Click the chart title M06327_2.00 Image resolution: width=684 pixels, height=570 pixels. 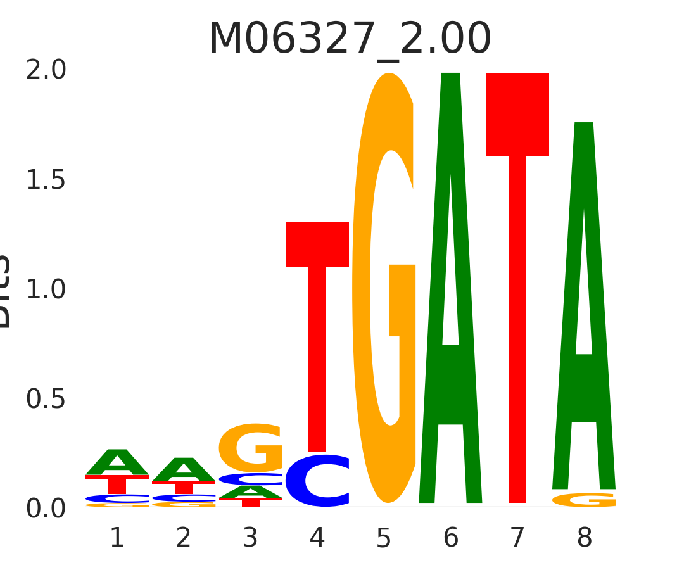[350, 39]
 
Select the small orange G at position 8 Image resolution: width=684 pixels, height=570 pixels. [584, 500]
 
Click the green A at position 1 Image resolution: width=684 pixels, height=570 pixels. [117, 462]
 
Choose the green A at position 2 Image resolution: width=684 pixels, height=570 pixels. [184, 470]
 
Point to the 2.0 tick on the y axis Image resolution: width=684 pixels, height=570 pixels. [46, 70]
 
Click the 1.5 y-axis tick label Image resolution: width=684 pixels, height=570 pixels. [46, 180]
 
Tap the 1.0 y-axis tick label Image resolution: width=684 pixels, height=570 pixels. [46, 290]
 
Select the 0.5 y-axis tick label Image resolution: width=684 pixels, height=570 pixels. [46, 400]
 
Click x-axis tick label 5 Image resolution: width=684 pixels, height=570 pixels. [384, 538]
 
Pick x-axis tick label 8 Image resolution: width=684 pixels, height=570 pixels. [584, 538]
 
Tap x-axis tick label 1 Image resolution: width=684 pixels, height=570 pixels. [117, 538]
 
